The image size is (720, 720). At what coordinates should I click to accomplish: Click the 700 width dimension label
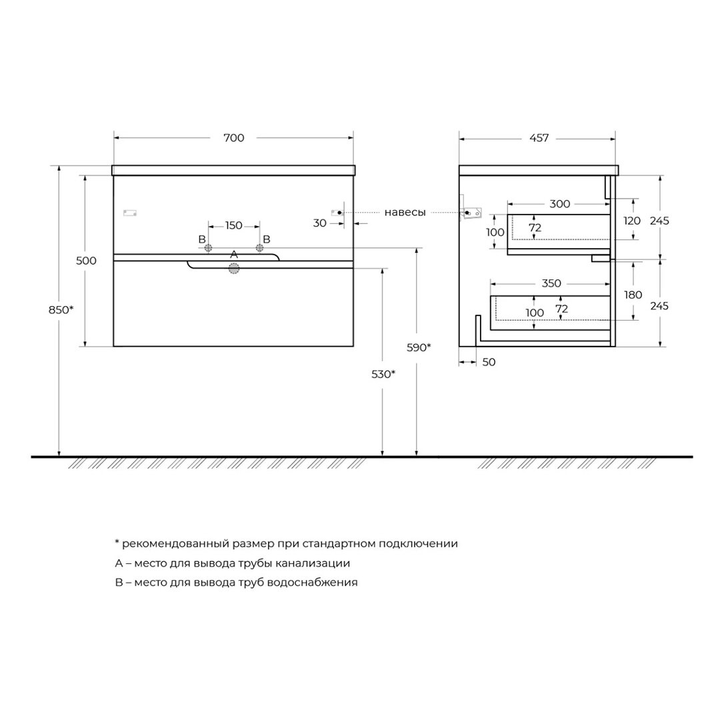pos(234,138)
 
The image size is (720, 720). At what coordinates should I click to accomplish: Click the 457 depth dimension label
pos(539,138)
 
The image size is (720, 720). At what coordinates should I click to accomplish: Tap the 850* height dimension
pos(61,310)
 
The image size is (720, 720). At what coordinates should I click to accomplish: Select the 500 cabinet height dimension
pos(86,261)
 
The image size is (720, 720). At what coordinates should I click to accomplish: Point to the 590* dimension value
pos(419,347)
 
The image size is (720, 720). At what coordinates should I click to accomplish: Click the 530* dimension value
pos(383,374)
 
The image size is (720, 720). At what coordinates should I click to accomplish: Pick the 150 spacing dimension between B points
pos(234,225)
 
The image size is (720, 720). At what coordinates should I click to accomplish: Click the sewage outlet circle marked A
pos(234,269)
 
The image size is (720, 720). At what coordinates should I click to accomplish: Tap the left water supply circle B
pos(208,248)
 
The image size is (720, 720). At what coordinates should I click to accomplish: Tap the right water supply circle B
pos(259,248)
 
